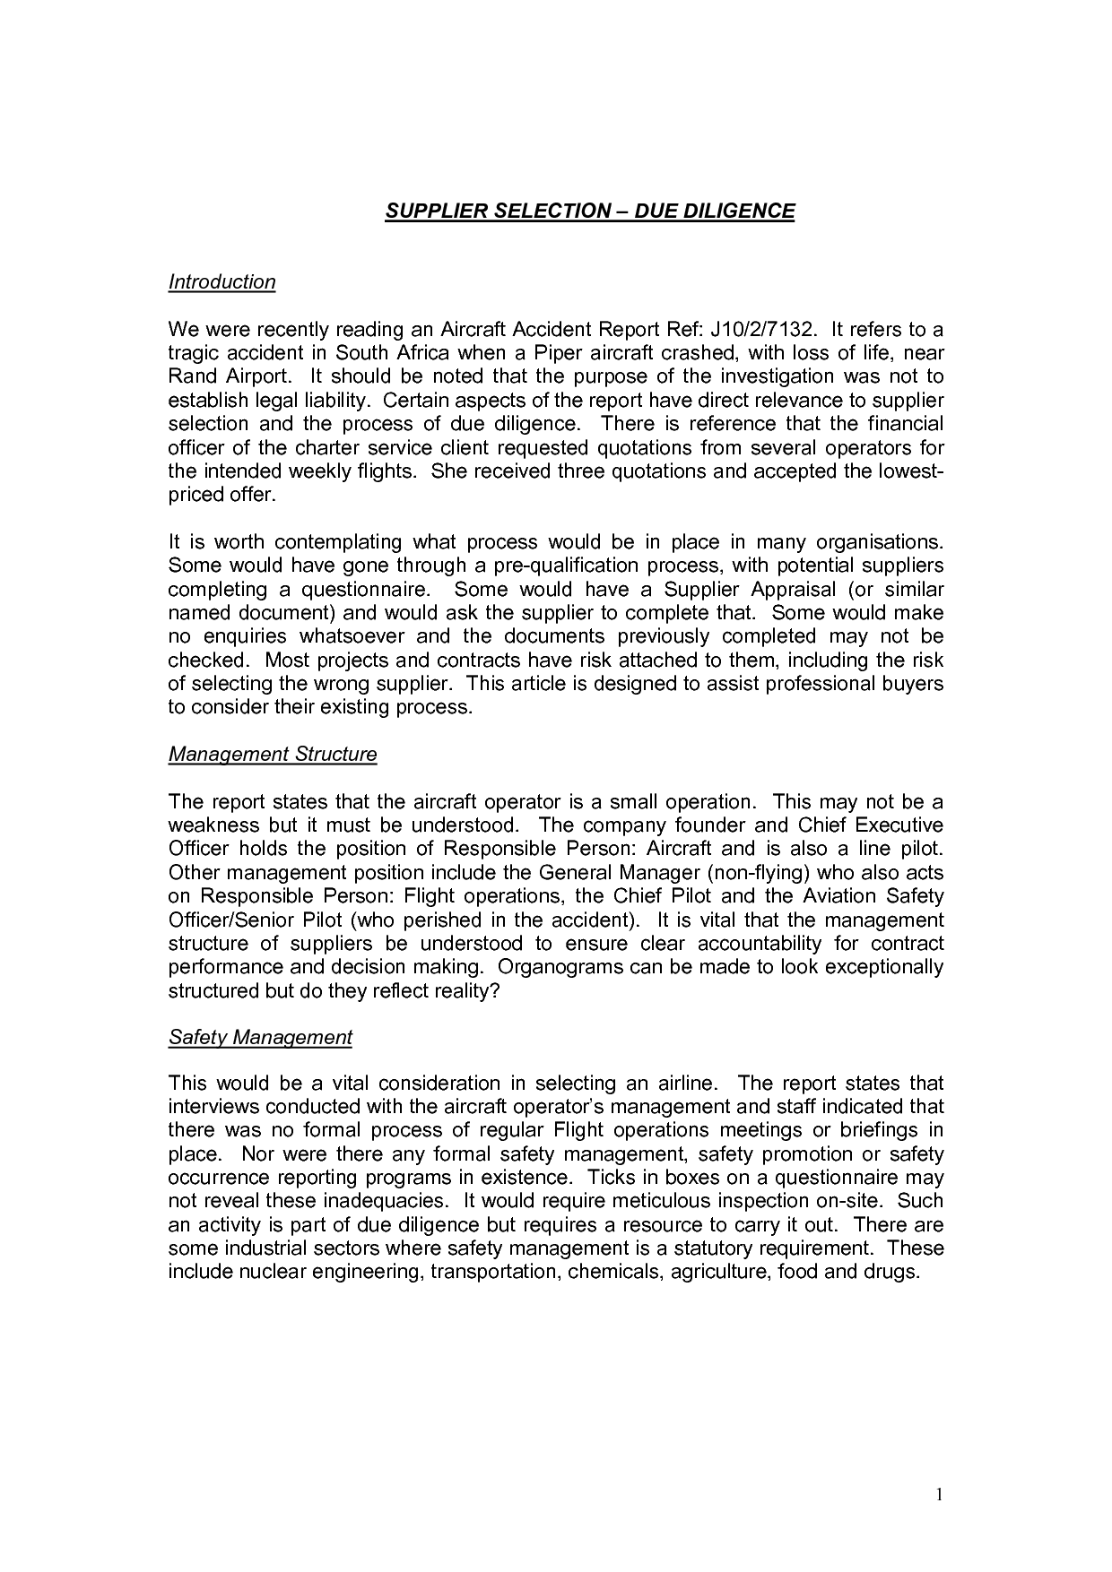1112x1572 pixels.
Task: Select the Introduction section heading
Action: pyautogui.click(x=222, y=281)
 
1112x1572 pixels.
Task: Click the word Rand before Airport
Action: pyautogui.click(x=190, y=376)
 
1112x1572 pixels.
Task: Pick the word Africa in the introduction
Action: pyautogui.click(x=422, y=353)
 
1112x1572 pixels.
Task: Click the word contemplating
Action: pyautogui.click(x=339, y=542)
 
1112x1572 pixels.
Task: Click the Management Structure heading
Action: pyautogui.click(x=273, y=754)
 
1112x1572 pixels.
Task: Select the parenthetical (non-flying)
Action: pyautogui.click(x=774, y=872)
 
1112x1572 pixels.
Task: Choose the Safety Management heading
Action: pyautogui.click(x=260, y=1037)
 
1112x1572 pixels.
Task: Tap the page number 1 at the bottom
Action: pyautogui.click(x=940, y=1493)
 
